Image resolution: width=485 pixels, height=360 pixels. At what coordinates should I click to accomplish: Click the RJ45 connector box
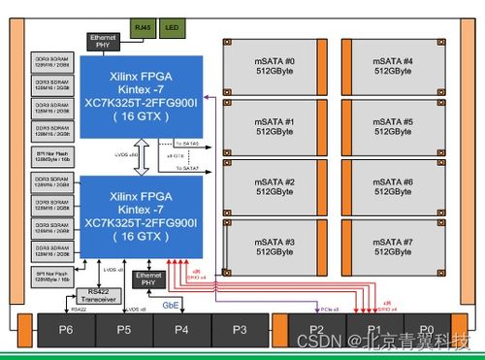[143, 29]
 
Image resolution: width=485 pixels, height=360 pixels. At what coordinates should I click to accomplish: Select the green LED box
[171, 29]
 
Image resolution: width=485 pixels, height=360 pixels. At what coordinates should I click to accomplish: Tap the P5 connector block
[124, 330]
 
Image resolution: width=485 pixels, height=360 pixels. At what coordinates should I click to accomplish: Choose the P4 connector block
[181, 330]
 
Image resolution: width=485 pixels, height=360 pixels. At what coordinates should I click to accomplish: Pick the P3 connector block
[240, 330]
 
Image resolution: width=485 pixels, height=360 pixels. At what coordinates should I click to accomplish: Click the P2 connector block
[316, 330]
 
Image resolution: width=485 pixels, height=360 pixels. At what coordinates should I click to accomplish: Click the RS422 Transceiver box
[98, 295]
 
